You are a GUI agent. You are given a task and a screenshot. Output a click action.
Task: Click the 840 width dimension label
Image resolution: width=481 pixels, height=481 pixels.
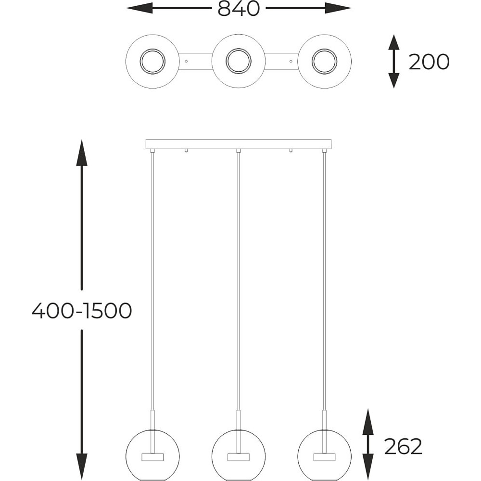click(x=239, y=9)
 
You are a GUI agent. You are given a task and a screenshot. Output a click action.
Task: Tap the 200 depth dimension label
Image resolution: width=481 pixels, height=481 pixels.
click(x=429, y=62)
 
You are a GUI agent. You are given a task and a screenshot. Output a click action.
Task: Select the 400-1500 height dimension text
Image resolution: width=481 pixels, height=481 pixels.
click(x=82, y=310)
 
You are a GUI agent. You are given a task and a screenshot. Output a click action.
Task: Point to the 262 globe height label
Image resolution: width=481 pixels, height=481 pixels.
click(x=403, y=446)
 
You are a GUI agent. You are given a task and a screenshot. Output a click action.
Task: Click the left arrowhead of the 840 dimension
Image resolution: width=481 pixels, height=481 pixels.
click(x=139, y=8)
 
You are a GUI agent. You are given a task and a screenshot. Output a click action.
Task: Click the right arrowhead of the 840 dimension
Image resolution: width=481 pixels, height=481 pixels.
click(x=338, y=8)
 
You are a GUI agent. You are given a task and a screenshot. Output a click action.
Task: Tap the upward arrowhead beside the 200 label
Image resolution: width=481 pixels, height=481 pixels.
click(x=394, y=42)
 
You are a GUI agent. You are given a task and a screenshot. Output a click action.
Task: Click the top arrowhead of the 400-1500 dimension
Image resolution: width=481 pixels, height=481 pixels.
click(x=82, y=152)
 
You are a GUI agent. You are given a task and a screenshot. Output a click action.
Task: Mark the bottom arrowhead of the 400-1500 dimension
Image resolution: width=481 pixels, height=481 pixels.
click(x=82, y=466)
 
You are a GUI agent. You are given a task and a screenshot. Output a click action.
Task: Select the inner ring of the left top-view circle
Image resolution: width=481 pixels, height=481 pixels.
click(x=152, y=50)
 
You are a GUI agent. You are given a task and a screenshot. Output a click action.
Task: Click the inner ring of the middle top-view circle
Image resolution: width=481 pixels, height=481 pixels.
click(x=239, y=50)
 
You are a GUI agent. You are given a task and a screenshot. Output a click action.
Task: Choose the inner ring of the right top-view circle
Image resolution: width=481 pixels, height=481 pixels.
click(x=325, y=50)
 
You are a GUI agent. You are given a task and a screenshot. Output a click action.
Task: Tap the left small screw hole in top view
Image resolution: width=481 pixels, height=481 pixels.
click(x=186, y=61)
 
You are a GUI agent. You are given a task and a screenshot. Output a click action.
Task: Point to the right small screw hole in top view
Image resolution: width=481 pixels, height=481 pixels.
click(x=291, y=61)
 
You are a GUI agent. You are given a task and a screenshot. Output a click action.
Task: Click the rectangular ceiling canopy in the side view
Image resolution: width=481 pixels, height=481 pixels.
click(x=239, y=144)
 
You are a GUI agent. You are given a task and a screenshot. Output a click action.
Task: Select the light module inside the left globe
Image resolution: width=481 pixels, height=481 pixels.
click(x=152, y=457)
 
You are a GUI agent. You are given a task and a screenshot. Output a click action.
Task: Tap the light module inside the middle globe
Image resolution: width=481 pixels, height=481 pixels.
click(x=239, y=457)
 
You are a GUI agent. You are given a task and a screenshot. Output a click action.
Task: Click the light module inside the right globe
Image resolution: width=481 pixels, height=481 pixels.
click(x=325, y=457)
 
